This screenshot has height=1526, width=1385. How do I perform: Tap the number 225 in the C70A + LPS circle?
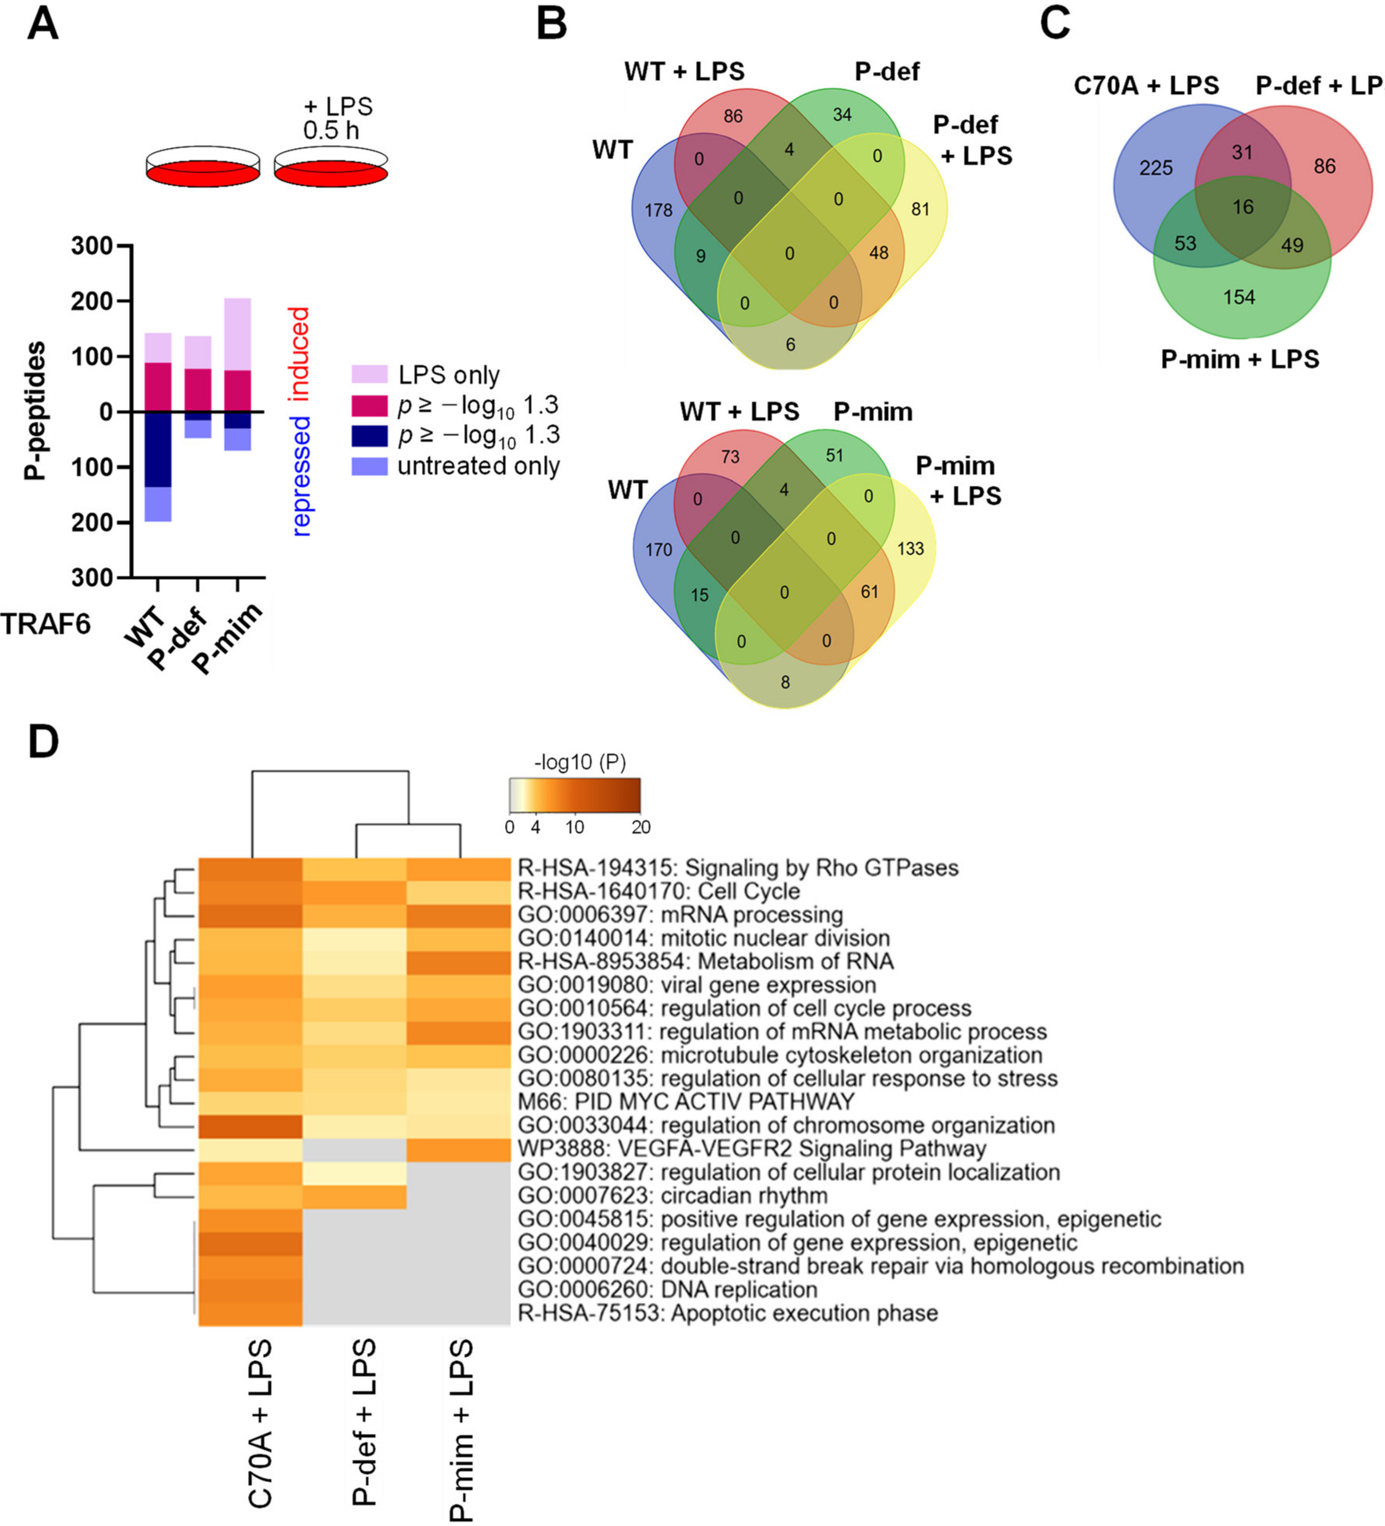[1156, 167]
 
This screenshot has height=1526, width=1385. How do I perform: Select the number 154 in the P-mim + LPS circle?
[1239, 297]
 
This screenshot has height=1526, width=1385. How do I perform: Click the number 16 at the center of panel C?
[1242, 207]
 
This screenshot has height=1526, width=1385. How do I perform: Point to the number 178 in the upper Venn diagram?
[658, 210]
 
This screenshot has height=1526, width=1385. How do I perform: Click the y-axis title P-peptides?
[34, 411]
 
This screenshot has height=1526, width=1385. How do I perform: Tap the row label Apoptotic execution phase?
[728, 1313]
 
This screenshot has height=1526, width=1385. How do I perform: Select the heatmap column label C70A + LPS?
[260, 1423]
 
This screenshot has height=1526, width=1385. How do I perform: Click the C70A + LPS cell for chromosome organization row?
[251, 1126]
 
